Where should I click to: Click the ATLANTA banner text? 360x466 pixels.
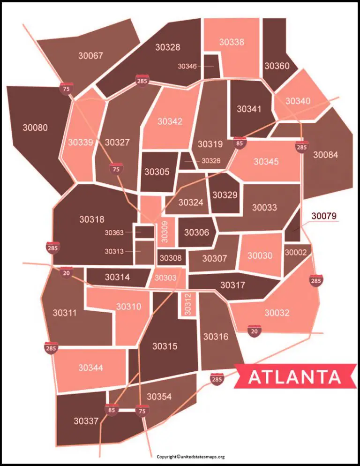coord(294,377)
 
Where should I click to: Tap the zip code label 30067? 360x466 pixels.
coord(90,56)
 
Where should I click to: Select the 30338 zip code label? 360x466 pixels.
coord(232,42)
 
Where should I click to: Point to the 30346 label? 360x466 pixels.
coord(187,67)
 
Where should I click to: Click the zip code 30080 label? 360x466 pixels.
coord(35,128)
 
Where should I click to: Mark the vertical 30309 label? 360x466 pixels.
coord(165,232)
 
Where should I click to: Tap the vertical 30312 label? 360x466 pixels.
coord(187,304)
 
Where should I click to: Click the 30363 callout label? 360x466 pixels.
coord(114,233)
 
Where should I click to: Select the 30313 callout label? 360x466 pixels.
coord(114,251)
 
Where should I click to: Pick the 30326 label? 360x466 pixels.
coord(210,161)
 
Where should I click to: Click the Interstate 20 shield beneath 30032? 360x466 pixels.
coord(255,330)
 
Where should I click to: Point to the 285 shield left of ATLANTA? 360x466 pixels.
coord(217,379)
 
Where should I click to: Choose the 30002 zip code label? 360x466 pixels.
coord(295,252)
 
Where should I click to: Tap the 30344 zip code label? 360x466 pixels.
coord(90,368)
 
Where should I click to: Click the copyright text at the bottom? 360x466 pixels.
coord(191,457)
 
